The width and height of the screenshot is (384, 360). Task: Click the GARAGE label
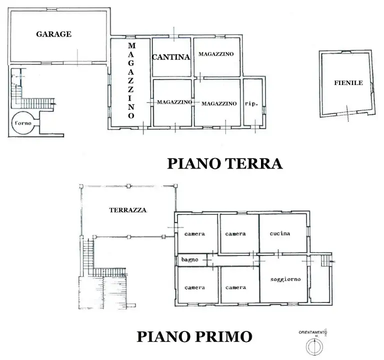pos(53,34)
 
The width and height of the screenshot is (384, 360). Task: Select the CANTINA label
pos(171,57)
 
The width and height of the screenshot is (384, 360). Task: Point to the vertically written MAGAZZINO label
pos(131,80)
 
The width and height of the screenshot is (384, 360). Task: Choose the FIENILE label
pos(348,83)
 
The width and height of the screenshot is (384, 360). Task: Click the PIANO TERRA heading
pos(224,163)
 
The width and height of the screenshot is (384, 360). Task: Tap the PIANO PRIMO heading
pos(194,336)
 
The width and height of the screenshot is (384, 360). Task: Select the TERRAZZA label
pos(127,210)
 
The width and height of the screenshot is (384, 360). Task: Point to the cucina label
pos(280,233)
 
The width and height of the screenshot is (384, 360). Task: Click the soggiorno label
pos(285,279)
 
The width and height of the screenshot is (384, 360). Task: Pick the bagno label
pos(190,260)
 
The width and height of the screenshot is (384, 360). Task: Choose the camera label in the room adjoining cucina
pos(235,233)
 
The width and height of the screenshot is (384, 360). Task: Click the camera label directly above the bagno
pos(194,234)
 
